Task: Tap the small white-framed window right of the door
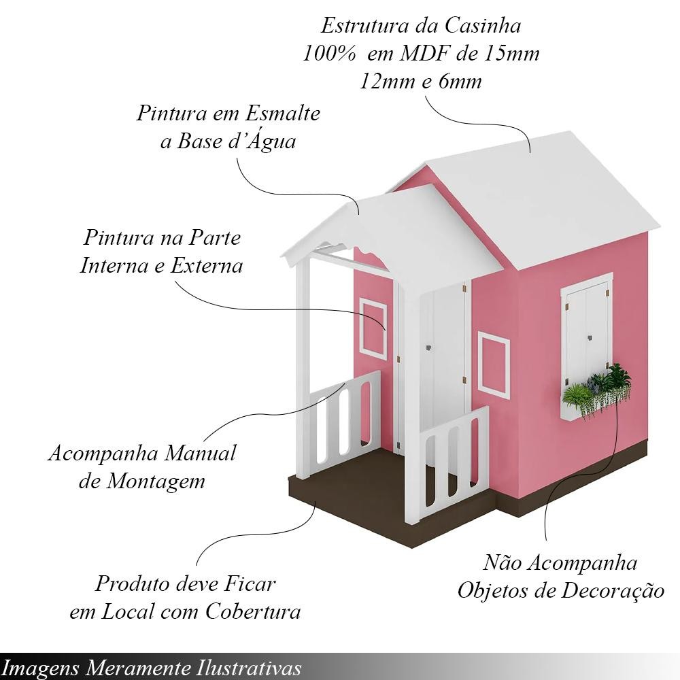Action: (x=494, y=364)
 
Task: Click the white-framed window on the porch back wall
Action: (x=373, y=326)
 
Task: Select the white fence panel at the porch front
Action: (x=452, y=462)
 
